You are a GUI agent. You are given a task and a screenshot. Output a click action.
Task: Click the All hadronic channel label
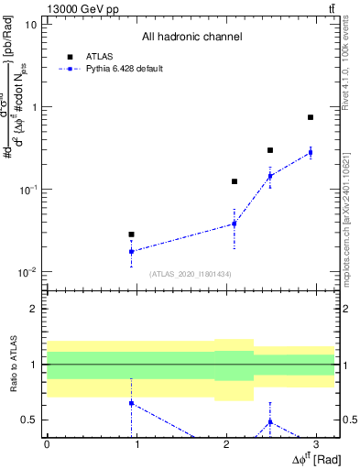191,37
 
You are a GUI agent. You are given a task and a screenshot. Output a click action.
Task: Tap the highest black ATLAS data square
311,117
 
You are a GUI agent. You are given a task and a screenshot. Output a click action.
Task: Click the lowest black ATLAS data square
131,234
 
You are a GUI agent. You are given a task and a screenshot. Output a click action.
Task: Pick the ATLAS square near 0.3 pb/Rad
270,150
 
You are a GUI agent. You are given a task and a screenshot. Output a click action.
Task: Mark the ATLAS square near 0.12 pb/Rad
235,181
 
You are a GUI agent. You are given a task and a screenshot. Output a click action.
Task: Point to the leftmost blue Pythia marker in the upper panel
131,251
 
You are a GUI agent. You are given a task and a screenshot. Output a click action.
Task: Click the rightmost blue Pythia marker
311,152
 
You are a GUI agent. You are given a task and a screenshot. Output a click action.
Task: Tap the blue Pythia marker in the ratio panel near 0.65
131,403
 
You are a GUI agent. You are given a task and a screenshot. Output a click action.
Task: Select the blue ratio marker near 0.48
270,421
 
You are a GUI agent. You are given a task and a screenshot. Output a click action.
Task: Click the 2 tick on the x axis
226,445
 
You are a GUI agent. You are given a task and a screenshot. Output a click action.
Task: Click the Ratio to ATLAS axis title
13,365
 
